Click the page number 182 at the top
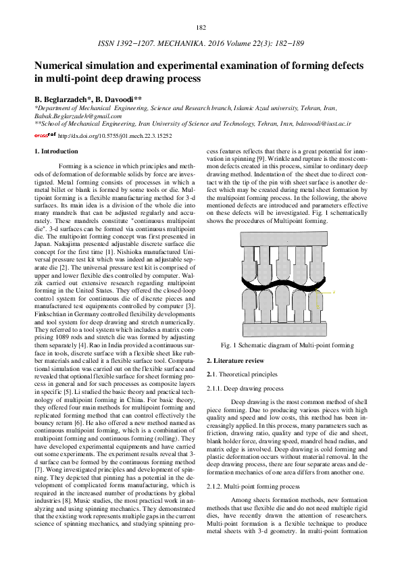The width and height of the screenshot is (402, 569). pyautogui.click(x=201, y=27)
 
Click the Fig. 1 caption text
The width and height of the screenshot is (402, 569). pyautogui.click(x=291, y=345)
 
